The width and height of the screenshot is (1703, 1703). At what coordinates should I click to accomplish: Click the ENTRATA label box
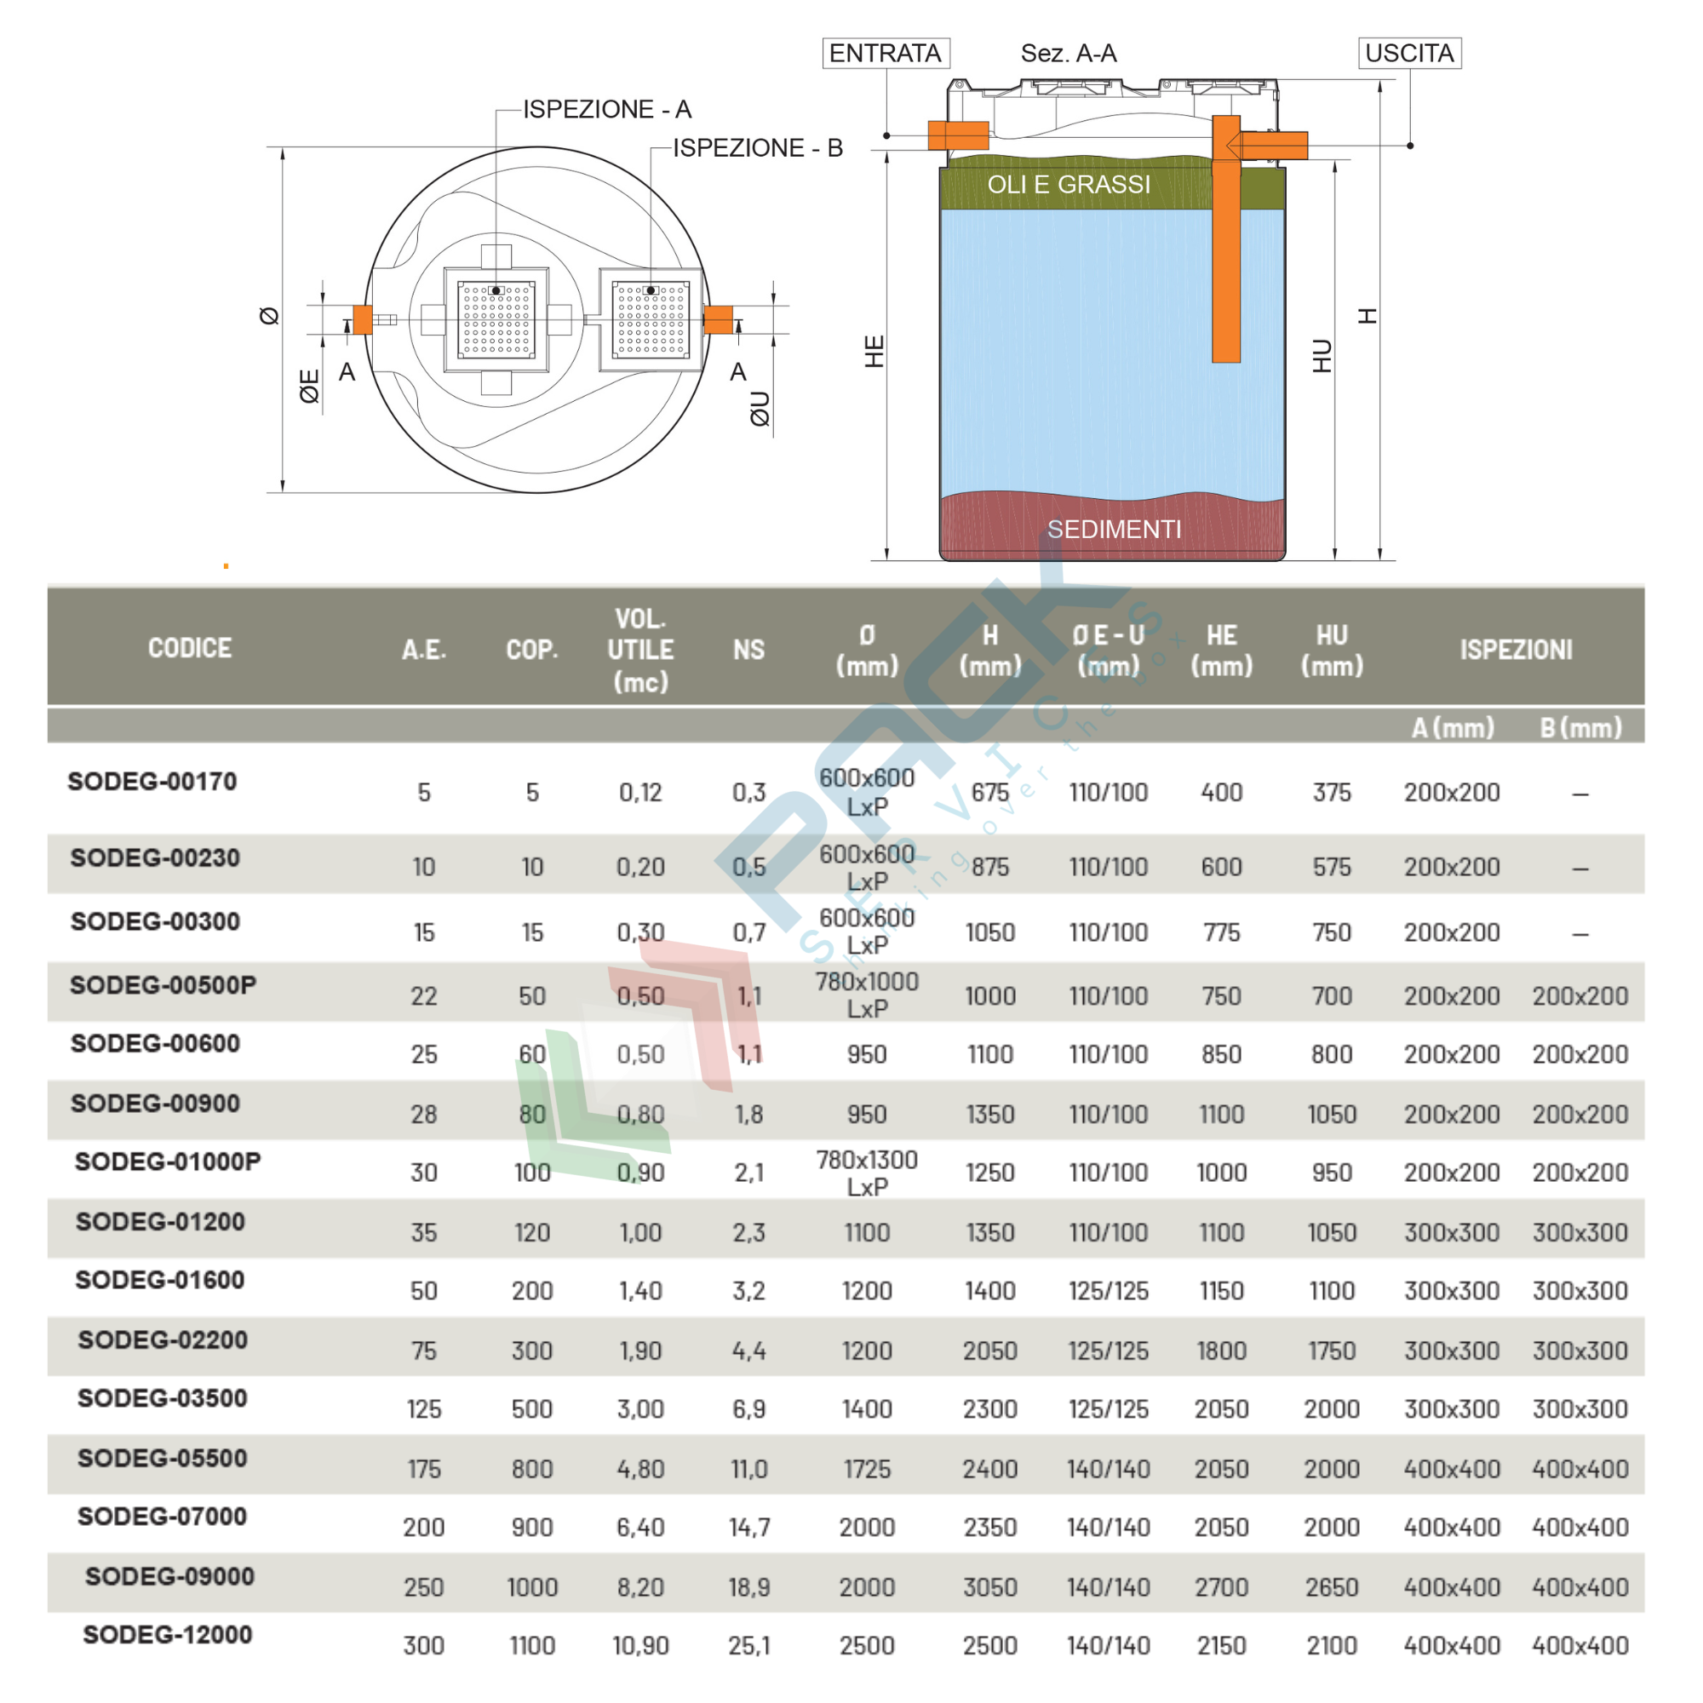click(x=885, y=54)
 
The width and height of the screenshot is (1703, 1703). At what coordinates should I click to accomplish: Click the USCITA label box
click(x=1408, y=54)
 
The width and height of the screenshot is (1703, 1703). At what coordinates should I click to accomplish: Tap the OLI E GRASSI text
click(x=1069, y=184)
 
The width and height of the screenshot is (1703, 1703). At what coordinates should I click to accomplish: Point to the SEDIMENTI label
click(x=1113, y=529)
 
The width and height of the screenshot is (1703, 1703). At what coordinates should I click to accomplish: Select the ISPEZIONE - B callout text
click(x=757, y=148)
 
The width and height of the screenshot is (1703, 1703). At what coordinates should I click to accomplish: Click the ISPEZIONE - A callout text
click(x=606, y=109)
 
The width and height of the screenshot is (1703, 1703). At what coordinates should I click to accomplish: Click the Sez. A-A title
click(x=1069, y=54)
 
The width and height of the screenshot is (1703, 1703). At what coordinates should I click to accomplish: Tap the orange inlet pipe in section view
click(x=957, y=135)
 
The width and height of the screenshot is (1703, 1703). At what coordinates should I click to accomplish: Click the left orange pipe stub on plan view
click(x=362, y=319)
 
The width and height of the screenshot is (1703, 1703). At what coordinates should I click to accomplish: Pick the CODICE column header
click(x=190, y=649)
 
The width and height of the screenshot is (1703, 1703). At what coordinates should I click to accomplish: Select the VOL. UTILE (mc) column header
click(x=640, y=650)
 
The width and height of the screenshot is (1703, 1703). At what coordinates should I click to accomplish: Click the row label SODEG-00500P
click(x=163, y=984)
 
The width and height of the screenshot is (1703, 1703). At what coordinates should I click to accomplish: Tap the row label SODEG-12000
click(x=168, y=1634)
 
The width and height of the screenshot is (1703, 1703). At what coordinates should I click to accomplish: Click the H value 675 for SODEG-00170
click(x=990, y=793)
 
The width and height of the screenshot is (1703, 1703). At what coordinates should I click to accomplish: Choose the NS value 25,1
click(x=748, y=1646)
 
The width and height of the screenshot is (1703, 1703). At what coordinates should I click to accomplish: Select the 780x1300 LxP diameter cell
click(x=867, y=1173)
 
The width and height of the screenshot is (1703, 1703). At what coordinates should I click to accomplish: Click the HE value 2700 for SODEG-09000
click(x=1221, y=1587)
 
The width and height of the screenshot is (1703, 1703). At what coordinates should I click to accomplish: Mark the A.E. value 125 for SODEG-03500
click(x=424, y=1409)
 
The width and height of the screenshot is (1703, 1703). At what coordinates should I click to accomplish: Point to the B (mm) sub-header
click(x=1580, y=728)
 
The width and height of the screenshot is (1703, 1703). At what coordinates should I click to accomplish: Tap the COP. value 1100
click(x=531, y=1646)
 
